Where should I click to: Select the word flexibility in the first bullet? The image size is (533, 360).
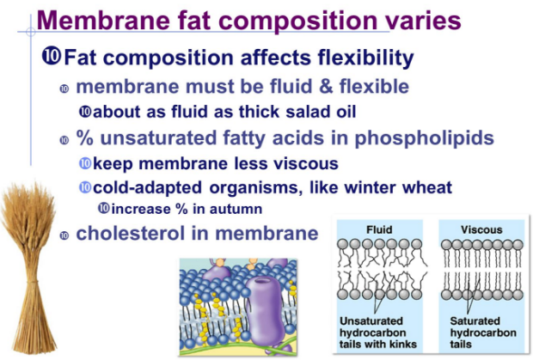click(x=365, y=58)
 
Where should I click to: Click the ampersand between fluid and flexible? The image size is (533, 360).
click(x=326, y=86)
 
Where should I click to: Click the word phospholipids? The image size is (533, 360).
click(x=424, y=138)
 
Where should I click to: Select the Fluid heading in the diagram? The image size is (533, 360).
click(x=379, y=229)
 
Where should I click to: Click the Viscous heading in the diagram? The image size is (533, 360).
click(x=481, y=229)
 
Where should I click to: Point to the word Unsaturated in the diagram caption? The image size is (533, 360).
click(x=371, y=321)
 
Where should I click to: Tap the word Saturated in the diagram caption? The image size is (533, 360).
click(x=475, y=321)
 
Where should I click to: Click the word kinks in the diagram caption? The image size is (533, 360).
click(x=404, y=344)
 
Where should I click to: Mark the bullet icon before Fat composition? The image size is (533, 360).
click(x=52, y=56)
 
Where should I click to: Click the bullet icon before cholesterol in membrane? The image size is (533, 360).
click(x=64, y=235)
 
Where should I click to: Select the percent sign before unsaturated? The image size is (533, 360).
click(x=84, y=137)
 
